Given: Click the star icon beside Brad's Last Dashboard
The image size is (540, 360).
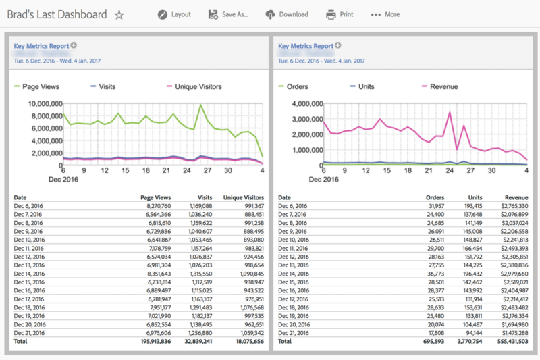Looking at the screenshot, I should coord(119,14).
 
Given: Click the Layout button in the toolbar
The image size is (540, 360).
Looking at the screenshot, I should coord(174,14).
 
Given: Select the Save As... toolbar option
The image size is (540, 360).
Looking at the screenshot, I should coord(229,14).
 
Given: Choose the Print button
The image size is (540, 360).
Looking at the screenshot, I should coord(340,14).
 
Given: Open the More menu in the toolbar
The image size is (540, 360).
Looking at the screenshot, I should coord(385,14).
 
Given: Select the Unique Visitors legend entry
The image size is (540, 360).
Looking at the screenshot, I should coord(198,86).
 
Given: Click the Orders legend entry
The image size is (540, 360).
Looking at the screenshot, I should coord(297,86).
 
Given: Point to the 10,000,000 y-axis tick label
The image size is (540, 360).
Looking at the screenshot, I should coord(45,104).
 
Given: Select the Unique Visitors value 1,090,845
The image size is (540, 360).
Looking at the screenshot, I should coord(248,274).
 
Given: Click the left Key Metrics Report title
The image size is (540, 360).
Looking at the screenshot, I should coord(41,46).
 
